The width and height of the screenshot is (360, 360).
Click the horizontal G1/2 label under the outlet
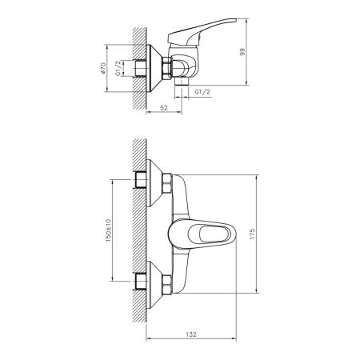(203, 93)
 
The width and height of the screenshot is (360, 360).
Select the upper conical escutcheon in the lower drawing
(156, 182)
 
